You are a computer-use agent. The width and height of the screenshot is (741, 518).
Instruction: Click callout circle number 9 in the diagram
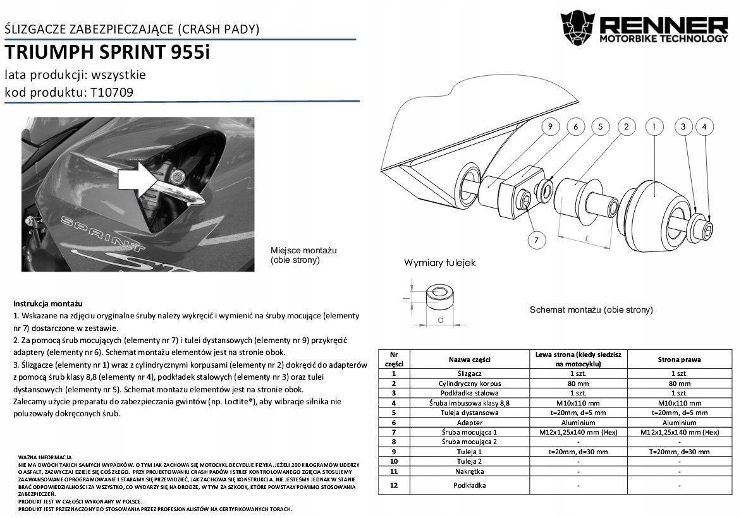point(551,127)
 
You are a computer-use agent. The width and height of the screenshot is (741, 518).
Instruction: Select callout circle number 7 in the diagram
point(536,240)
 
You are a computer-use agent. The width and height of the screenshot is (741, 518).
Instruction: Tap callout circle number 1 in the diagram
point(654,127)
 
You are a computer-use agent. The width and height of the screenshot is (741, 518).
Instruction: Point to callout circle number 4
point(704,127)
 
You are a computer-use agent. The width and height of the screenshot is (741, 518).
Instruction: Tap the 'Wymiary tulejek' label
point(439,262)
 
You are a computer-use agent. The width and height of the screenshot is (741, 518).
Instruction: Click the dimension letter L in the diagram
point(587,239)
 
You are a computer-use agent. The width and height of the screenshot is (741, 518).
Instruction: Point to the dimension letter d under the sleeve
point(440,320)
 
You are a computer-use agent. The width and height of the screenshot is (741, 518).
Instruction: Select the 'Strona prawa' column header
point(679,359)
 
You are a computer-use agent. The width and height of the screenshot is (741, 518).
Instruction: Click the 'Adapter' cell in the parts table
point(469,423)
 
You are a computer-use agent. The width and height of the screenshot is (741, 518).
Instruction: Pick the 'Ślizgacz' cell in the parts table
point(469,373)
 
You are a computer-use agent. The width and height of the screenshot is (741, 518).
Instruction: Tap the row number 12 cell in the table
point(393,485)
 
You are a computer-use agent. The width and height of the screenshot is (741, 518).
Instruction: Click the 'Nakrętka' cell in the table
point(469,471)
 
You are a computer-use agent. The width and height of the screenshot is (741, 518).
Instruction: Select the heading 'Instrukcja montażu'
point(47,304)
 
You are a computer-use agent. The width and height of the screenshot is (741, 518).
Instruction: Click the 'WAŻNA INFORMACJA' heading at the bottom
point(45,457)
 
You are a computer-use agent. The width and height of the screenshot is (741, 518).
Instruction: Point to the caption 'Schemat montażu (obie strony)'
point(591,310)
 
